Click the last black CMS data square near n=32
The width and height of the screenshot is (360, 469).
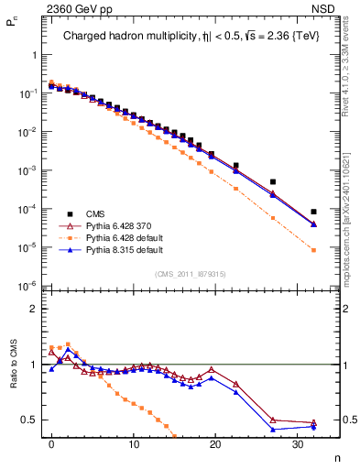pos(313,212)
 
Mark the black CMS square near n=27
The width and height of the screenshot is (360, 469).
pos(273,181)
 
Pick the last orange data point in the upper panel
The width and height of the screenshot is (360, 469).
pos(313,250)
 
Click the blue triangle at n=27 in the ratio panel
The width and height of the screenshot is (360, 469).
pos(273,429)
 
